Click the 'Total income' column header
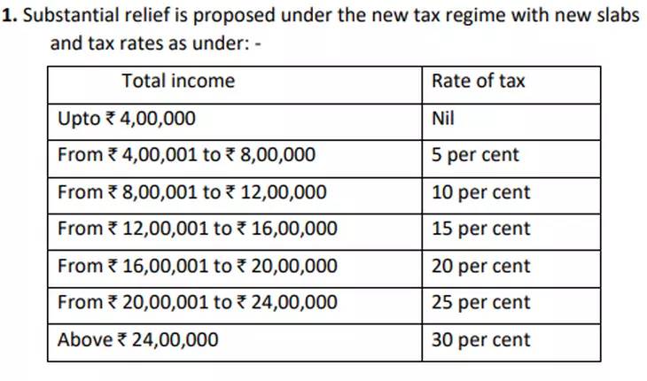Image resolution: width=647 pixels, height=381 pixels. click(178, 82)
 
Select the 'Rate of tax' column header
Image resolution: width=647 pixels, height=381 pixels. click(478, 82)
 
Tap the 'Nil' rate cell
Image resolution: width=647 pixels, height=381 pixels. click(442, 119)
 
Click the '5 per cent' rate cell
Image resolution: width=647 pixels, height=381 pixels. click(475, 155)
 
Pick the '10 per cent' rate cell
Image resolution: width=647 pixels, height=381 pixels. click(480, 192)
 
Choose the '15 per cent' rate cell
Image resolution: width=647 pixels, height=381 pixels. click(480, 229)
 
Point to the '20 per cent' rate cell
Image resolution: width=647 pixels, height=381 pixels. click(480, 266)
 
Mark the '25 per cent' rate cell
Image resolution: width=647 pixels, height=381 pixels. click(480, 302)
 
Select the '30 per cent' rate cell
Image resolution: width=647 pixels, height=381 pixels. click(480, 339)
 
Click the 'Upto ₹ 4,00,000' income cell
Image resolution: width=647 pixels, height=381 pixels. click(127, 119)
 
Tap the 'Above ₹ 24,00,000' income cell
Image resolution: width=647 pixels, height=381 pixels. click(137, 339)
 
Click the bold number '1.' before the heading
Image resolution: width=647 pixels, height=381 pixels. click(11, 17)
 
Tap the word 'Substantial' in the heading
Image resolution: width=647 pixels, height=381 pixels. click(66, 17)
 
